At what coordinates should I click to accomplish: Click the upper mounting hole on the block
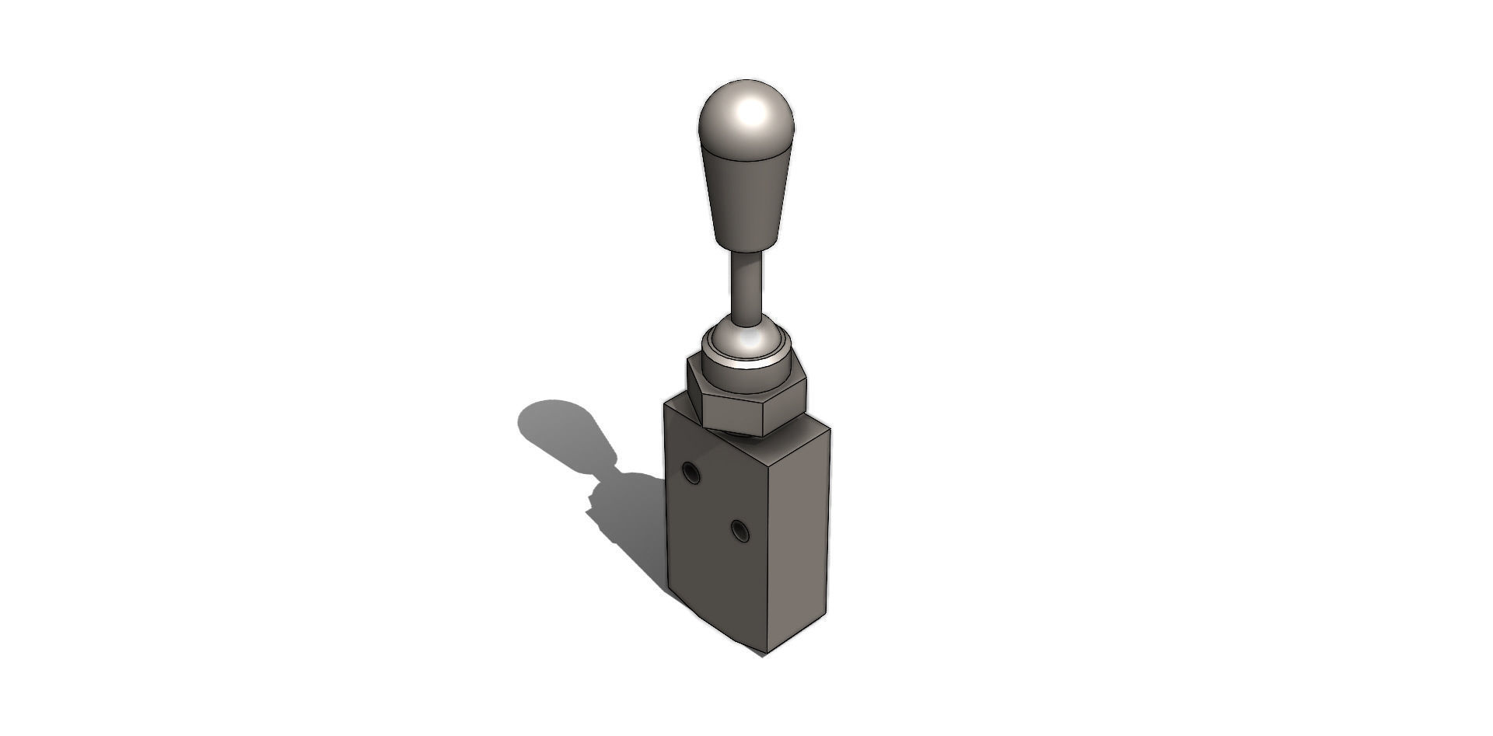point(690,472)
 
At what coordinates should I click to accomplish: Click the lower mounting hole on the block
point(740,532)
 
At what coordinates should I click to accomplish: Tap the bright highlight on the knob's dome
point(751,113)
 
